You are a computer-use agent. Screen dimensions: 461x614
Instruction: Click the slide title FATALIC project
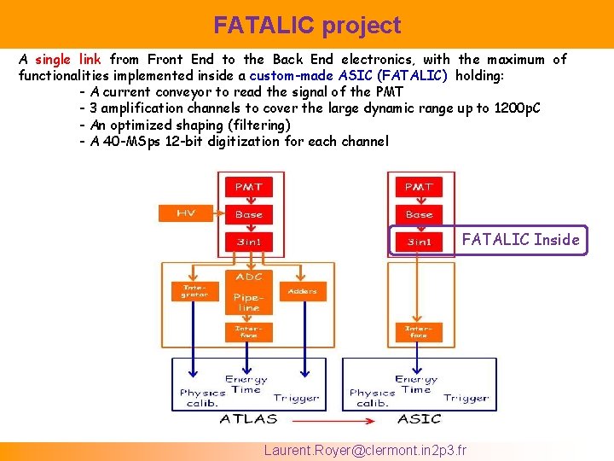point(307,26)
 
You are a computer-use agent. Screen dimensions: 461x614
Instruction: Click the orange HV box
point(185,213)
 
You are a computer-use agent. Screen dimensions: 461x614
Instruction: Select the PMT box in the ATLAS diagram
point(248,186)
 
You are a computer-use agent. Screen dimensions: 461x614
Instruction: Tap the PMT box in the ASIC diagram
point(419,186)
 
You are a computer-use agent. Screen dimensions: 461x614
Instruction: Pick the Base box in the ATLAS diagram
point(248,214)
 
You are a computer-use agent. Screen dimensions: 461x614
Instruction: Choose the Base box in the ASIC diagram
point(419,214)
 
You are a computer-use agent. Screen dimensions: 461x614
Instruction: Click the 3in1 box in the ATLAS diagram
point(248,242)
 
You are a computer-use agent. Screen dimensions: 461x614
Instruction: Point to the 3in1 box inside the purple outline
point(419,242)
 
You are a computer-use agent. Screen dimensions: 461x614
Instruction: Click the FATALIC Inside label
point(520,240)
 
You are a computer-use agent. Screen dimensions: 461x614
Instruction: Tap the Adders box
point(302,291)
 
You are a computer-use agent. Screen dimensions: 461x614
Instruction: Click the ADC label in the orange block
point(248,277)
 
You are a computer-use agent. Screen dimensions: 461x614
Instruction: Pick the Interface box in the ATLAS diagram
point(248,331)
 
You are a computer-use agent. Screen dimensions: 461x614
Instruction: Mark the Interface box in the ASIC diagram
point(418,331)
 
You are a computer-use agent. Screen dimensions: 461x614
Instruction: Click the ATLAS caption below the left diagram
point(248,418)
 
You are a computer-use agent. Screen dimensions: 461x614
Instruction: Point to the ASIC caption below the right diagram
point(419,418)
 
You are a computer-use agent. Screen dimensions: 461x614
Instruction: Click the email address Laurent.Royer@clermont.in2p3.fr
point(366,450)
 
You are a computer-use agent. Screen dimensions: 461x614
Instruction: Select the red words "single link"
point(67,60)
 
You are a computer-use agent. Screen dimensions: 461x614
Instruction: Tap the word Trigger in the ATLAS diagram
point(296,398)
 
